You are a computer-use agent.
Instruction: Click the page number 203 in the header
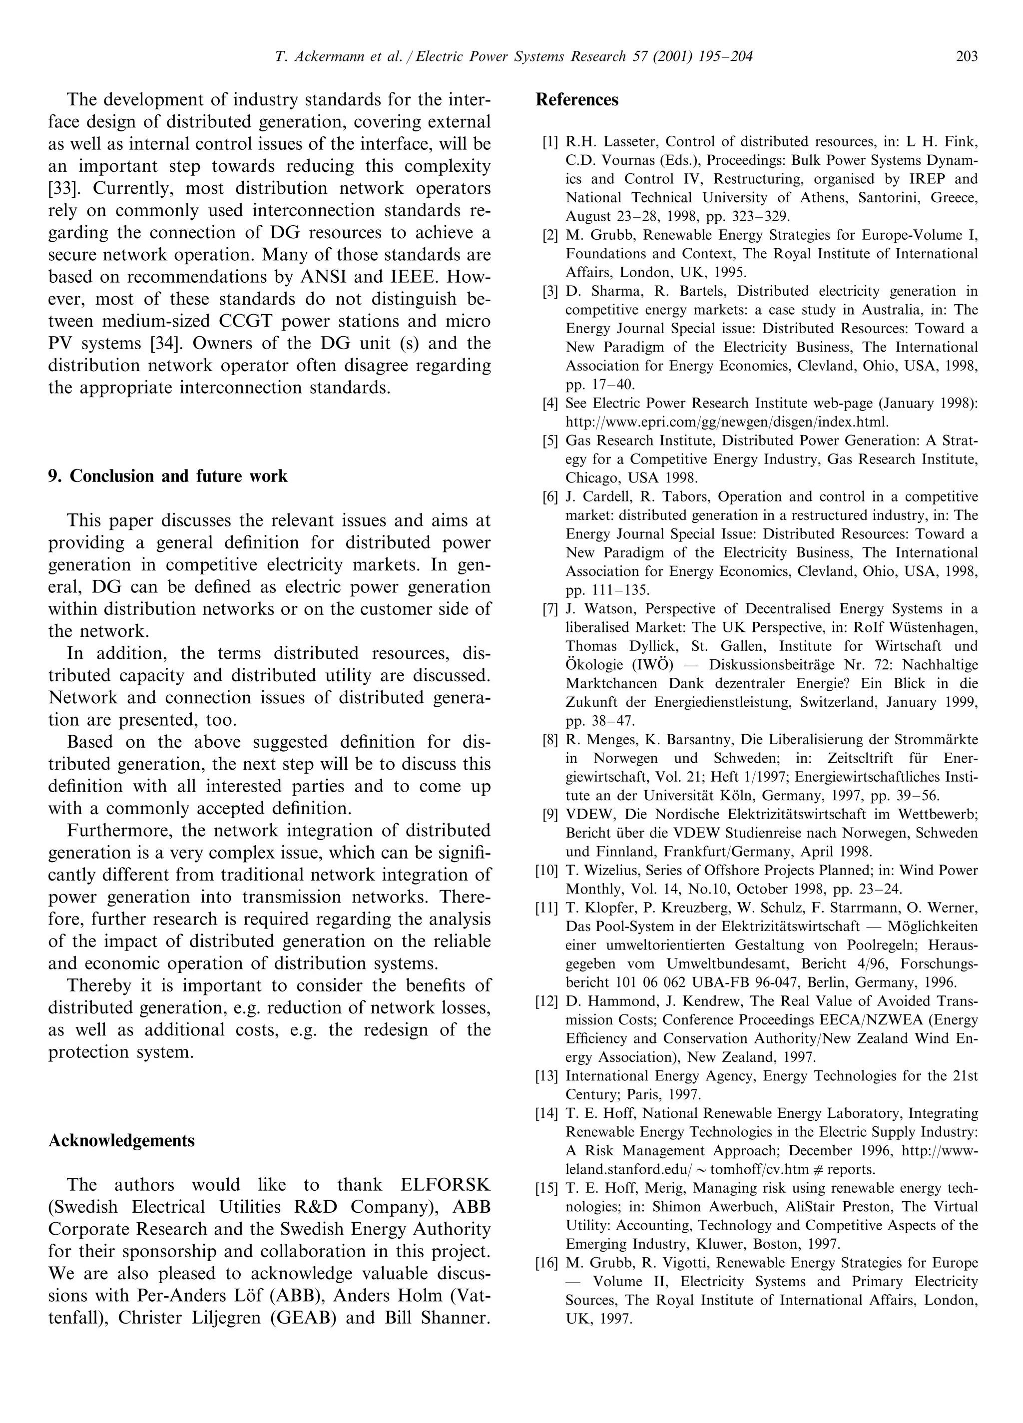967,57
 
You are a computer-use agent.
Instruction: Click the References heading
577,100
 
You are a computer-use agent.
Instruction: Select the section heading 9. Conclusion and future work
167,476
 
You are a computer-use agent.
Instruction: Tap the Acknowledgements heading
121,1141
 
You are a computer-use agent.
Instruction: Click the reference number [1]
550,142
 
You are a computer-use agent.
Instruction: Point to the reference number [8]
550,740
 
